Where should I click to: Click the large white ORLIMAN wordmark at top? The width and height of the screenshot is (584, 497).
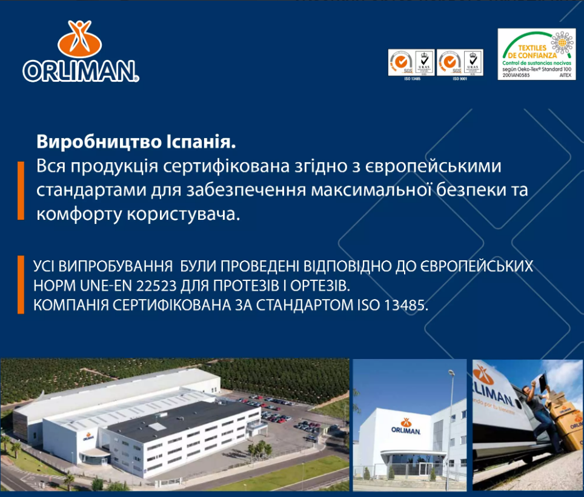81,71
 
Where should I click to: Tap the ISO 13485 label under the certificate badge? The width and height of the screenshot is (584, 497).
411,79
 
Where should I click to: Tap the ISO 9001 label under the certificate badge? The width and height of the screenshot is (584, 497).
460,79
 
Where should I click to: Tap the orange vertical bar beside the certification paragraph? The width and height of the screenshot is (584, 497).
21,190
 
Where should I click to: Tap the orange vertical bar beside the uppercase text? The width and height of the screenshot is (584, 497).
21,285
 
